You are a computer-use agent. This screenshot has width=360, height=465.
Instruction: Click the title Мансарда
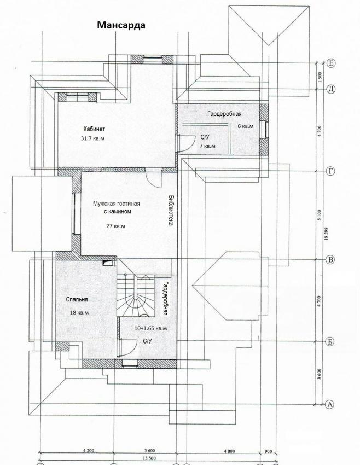click(x=121, y=25)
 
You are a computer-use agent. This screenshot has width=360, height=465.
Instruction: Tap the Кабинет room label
click(x=94, y=129)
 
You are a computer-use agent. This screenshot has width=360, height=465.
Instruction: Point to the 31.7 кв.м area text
click(x=92, y=138)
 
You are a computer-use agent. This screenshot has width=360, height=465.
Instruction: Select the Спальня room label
click(x=77, y=300)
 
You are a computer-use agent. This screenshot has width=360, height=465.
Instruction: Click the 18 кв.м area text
click(x=79, y=312)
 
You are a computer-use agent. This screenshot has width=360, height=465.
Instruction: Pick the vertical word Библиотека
click(x=171, y=210)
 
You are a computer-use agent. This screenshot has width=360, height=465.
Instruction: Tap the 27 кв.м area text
click(x=115, y=226)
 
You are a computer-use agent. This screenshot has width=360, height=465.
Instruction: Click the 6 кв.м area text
click(x=246, y=126)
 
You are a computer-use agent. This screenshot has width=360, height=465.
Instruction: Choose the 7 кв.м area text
click(x=207, y=146)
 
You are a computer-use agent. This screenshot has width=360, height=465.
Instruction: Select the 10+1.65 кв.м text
click(x=150, y=328)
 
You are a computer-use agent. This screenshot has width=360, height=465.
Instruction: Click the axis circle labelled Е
click(x=331, y=63)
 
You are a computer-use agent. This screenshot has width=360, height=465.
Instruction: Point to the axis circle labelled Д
click(x=331, y=89)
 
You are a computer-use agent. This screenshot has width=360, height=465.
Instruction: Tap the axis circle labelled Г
click(x=330, y=171)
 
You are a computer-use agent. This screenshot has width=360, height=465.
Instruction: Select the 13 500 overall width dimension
click(x=149, y=458)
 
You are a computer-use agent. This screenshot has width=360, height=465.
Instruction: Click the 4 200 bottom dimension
click(x=89, y=451)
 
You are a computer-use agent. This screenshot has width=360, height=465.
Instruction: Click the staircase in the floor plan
click(x=136, y=295)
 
